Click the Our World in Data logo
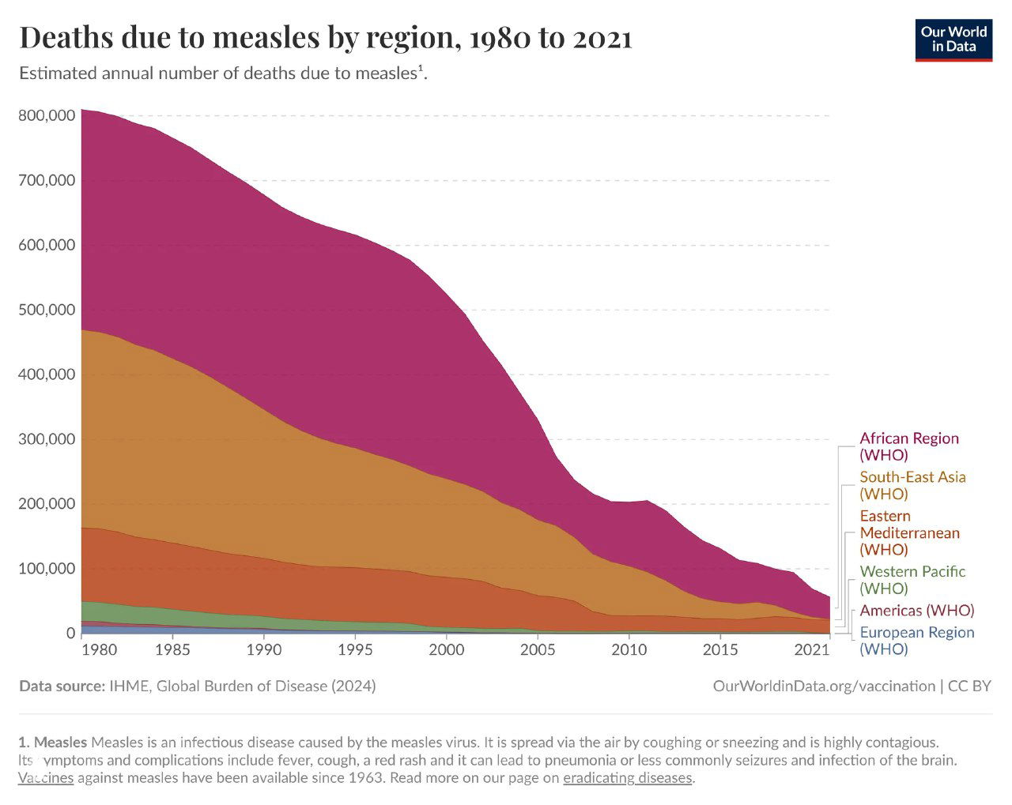[x=953, y=39]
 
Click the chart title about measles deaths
[x=325, y=37]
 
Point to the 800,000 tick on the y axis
[x=47, y=115]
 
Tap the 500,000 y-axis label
[x=47, y=310]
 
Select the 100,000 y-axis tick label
[x=47, y=569]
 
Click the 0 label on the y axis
[x=70, y=634]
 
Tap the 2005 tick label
[x=538, y=650]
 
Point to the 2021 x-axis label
[x=812, y=650]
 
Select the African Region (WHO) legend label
[x=908, y=446]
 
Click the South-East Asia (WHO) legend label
[x=912, y=485]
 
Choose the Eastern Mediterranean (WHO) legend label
[x=909, y=532]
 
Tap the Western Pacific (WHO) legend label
[x=912, y=580]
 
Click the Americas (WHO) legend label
[x=916, y=611]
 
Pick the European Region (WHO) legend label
[x=916, y=640]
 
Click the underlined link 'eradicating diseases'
[x=628, y=778]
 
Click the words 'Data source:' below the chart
[x=61, y=686]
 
